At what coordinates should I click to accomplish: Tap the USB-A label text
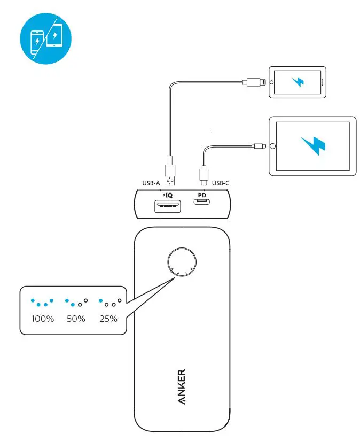click(x=151, y=183)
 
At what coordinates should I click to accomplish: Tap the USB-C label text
click(x=222, y=183)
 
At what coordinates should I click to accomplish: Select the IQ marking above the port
click(x=167, y=195)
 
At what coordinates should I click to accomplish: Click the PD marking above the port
click(x=202, y=195)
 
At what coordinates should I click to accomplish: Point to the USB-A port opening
click(x=167, y=205)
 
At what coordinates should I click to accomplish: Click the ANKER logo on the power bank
click(x=182, y=386)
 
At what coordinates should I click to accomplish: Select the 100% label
click(x=43, y=319)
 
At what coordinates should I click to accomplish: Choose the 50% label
click(x=76, y=319)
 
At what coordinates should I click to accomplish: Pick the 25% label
click(x=108, y=319)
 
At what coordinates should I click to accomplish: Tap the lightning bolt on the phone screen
click(x=297, y=82)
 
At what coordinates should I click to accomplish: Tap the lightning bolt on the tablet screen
click(x=313, y=145)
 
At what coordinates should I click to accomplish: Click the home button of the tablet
click(x=273, y=146)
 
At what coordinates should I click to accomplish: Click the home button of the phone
click(x=272, y=82)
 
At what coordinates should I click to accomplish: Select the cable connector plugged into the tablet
click(x=260, y=145)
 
